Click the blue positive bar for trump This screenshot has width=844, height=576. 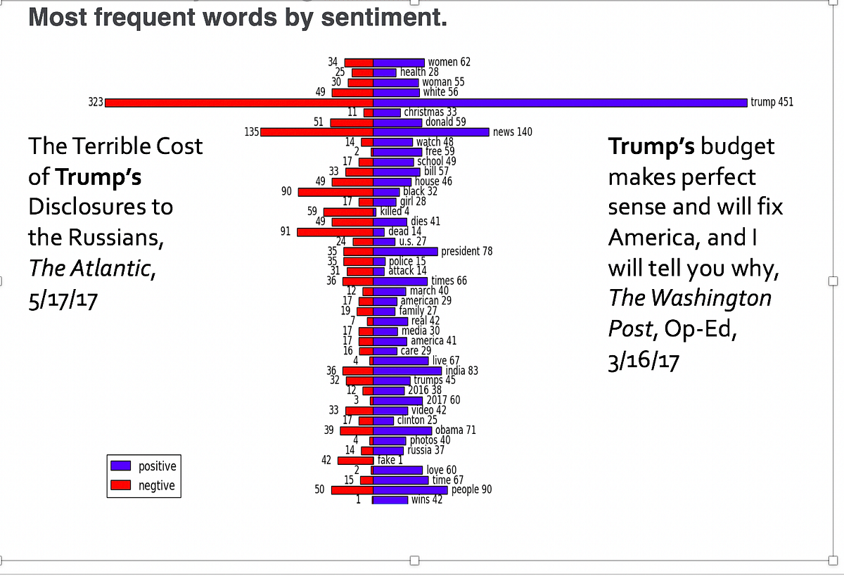click(x=559, y=103)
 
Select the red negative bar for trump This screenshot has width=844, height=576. click(x=239, y=103)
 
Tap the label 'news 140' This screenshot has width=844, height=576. click(x=513, y=132)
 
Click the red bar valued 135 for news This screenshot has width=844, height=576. click(x=316, y=132)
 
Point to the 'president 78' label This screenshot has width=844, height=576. click(x=466, y=251)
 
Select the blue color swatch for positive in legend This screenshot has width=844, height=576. click(x=121, y=466)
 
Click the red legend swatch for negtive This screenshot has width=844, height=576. click(x=121, y=485)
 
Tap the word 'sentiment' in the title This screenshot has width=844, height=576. click(x=383, y=18)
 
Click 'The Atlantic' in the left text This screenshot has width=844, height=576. click(x=89, y=267)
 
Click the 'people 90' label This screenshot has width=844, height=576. click(x=471, y=489)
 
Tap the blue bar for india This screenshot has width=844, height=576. click(x=407, y=371)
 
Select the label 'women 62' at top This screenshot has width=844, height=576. click(x=449, y=62)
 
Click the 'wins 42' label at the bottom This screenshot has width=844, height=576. click(x=426, y=500)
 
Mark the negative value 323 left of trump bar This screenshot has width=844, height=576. click(x=95, y=103)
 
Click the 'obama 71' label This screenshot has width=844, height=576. click(x=455, y=430)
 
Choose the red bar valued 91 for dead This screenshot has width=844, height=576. click(x=335, y=231)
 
